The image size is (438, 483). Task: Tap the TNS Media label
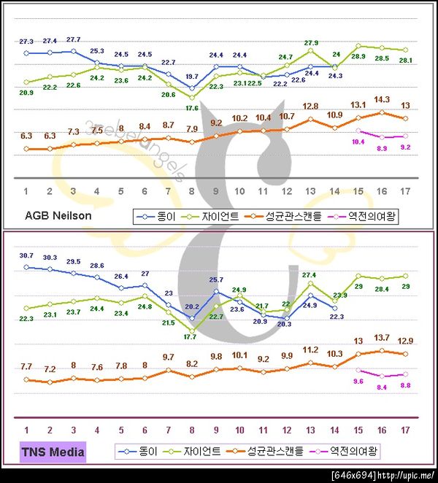tap(55, 452)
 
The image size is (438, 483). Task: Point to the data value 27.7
tap(73, 39)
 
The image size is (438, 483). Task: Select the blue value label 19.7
tap(192, 76)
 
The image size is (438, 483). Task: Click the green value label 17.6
tap(192, 109)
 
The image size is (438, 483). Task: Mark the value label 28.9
tap(359, 56)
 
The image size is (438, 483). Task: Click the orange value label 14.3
tap(382, 99)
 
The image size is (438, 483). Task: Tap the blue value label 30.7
tap(26, 255)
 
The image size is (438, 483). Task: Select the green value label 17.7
tap(192, 338)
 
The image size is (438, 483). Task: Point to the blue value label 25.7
tap(216, 279)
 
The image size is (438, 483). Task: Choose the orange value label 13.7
tap(382, 338)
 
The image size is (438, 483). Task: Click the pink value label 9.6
tap(358, 381)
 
